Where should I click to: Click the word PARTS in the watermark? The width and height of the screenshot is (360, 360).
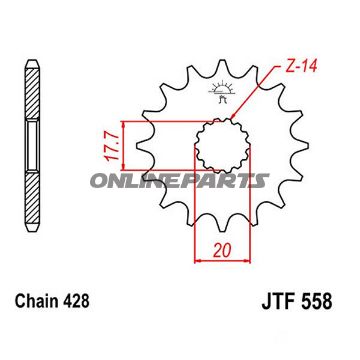pyautogui.click(x=232, y=180)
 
